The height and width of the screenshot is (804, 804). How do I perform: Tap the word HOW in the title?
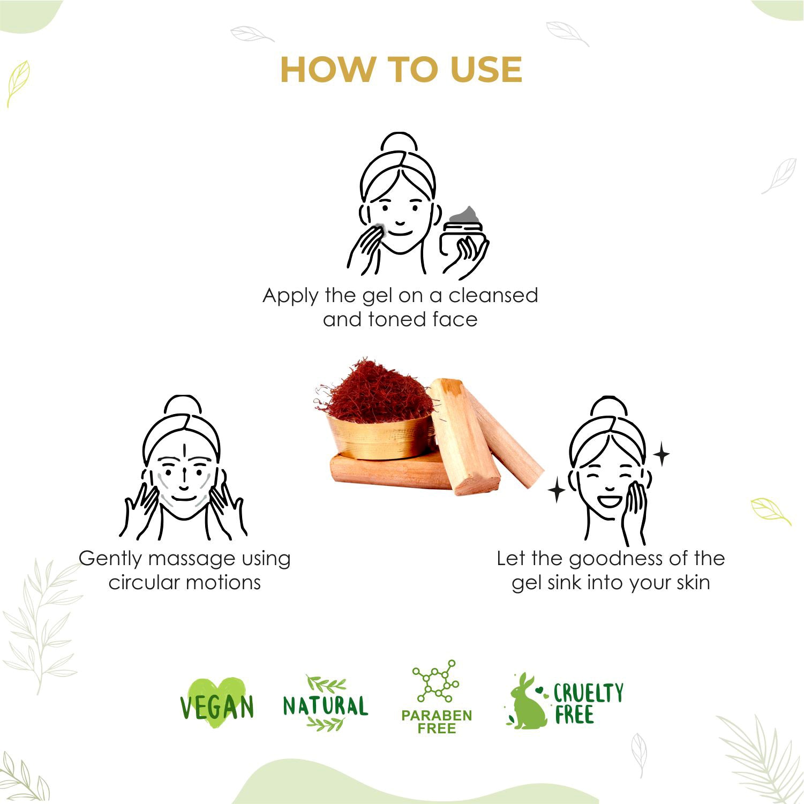pos(327,70)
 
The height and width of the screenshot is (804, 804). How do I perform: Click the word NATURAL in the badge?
pos(325,705)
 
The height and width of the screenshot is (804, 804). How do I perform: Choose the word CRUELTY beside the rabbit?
pos(588,693)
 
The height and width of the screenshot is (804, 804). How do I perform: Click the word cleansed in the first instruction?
pos(493,295)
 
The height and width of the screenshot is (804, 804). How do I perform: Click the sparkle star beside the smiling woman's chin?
pos(556,490)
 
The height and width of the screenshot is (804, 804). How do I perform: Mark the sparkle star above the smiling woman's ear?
pos(662,454)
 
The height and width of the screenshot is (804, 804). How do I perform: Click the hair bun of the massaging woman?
pos(182,405)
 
